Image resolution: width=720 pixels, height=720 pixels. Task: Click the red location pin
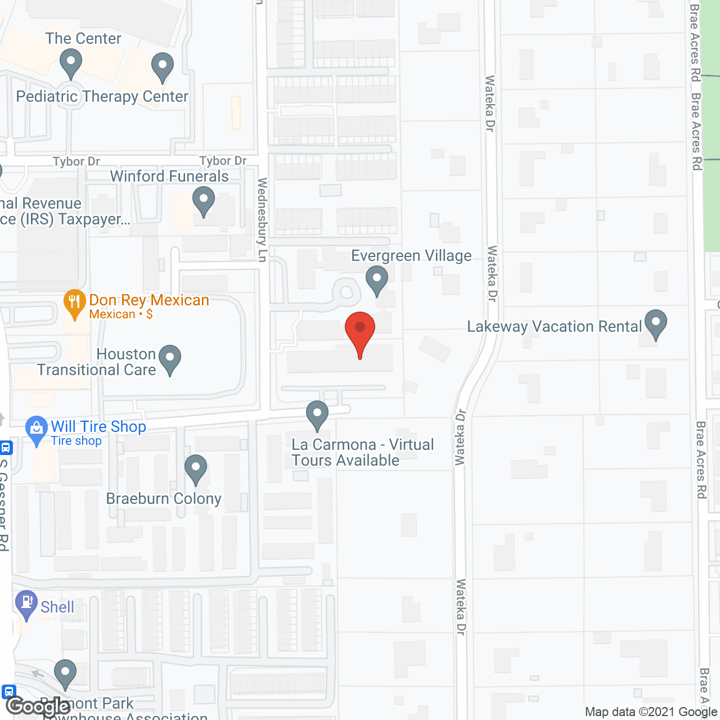(360, 329)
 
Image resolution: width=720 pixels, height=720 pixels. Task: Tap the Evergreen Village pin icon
(377, 278)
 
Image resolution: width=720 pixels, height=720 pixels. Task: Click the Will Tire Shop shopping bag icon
(37, 429)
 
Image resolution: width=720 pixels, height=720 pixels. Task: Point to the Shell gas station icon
(26, 603)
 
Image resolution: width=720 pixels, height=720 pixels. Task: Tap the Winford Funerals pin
(204, 200)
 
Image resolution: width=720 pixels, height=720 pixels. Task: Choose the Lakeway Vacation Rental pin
(655, 323)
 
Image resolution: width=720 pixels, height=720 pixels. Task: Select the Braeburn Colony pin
(196, 468)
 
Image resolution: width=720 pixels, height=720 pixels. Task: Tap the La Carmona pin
(317, 414)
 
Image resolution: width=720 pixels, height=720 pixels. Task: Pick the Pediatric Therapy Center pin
(163, 66)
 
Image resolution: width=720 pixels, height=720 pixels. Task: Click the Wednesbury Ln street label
(262, 219)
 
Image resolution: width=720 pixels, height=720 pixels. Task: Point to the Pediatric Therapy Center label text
(102, 97)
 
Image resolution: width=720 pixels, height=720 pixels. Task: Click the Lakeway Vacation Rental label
(554, 327)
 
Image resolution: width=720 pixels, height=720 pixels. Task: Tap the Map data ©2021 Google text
(651, 712)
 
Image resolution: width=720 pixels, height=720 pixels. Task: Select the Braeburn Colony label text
(164, 499)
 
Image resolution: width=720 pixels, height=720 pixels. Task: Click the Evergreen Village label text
(411, 256)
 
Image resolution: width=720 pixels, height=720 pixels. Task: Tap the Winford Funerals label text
(169, 177)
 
